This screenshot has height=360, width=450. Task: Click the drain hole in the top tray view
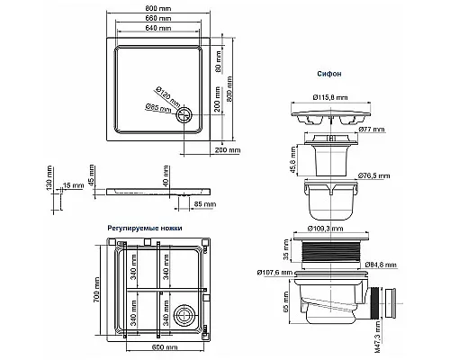click(x=185, y=113)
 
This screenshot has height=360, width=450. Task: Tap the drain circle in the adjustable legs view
click(x=187, y=315)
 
